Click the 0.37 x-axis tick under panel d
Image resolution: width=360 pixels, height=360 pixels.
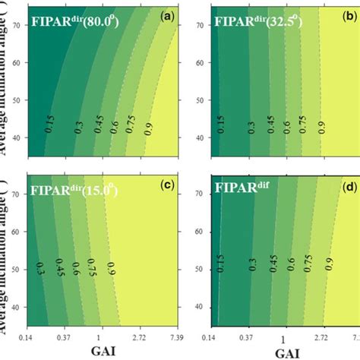246,336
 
